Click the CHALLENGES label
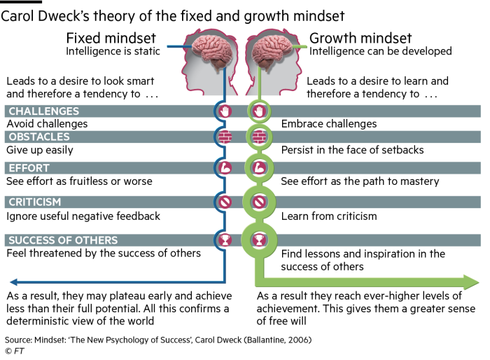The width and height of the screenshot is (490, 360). pyautogui.click(x=43, y=111)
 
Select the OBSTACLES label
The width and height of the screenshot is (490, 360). pyautogui.click(x=39, y=137)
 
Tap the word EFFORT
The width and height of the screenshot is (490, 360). pyautogui.click(x=29, y=168)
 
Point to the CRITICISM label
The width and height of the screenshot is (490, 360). pyautogui.click(x=35, y=202)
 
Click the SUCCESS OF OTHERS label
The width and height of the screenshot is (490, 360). pyautogui.click(x=63, y=240)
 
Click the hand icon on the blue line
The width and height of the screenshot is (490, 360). pyautogui.click(x=225, y=111)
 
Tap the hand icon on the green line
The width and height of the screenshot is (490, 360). pyautogui.click(x=259, y=111)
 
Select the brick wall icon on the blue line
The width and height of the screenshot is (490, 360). pyautogui.click(x=225, y=137)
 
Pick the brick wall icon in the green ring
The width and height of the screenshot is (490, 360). pyautogui.click(x=259, y=137)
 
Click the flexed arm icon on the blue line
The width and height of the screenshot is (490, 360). pyautogui.click(x=225, y=168)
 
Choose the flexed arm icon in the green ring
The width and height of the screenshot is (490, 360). pyautogui.click(x=259, y=168)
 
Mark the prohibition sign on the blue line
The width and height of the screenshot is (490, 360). pyautogui.click(x=225, y=202)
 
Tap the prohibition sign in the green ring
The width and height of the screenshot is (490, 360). pyautogui.click(x=259, y=202)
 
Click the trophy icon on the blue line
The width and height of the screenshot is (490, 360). pyautogui.click(x=225, y=240)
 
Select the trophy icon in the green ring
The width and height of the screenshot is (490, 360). pyautogui.click(x=259, y=240)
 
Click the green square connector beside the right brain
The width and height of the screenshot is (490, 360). pyautogui.click(x=303, y=47)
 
